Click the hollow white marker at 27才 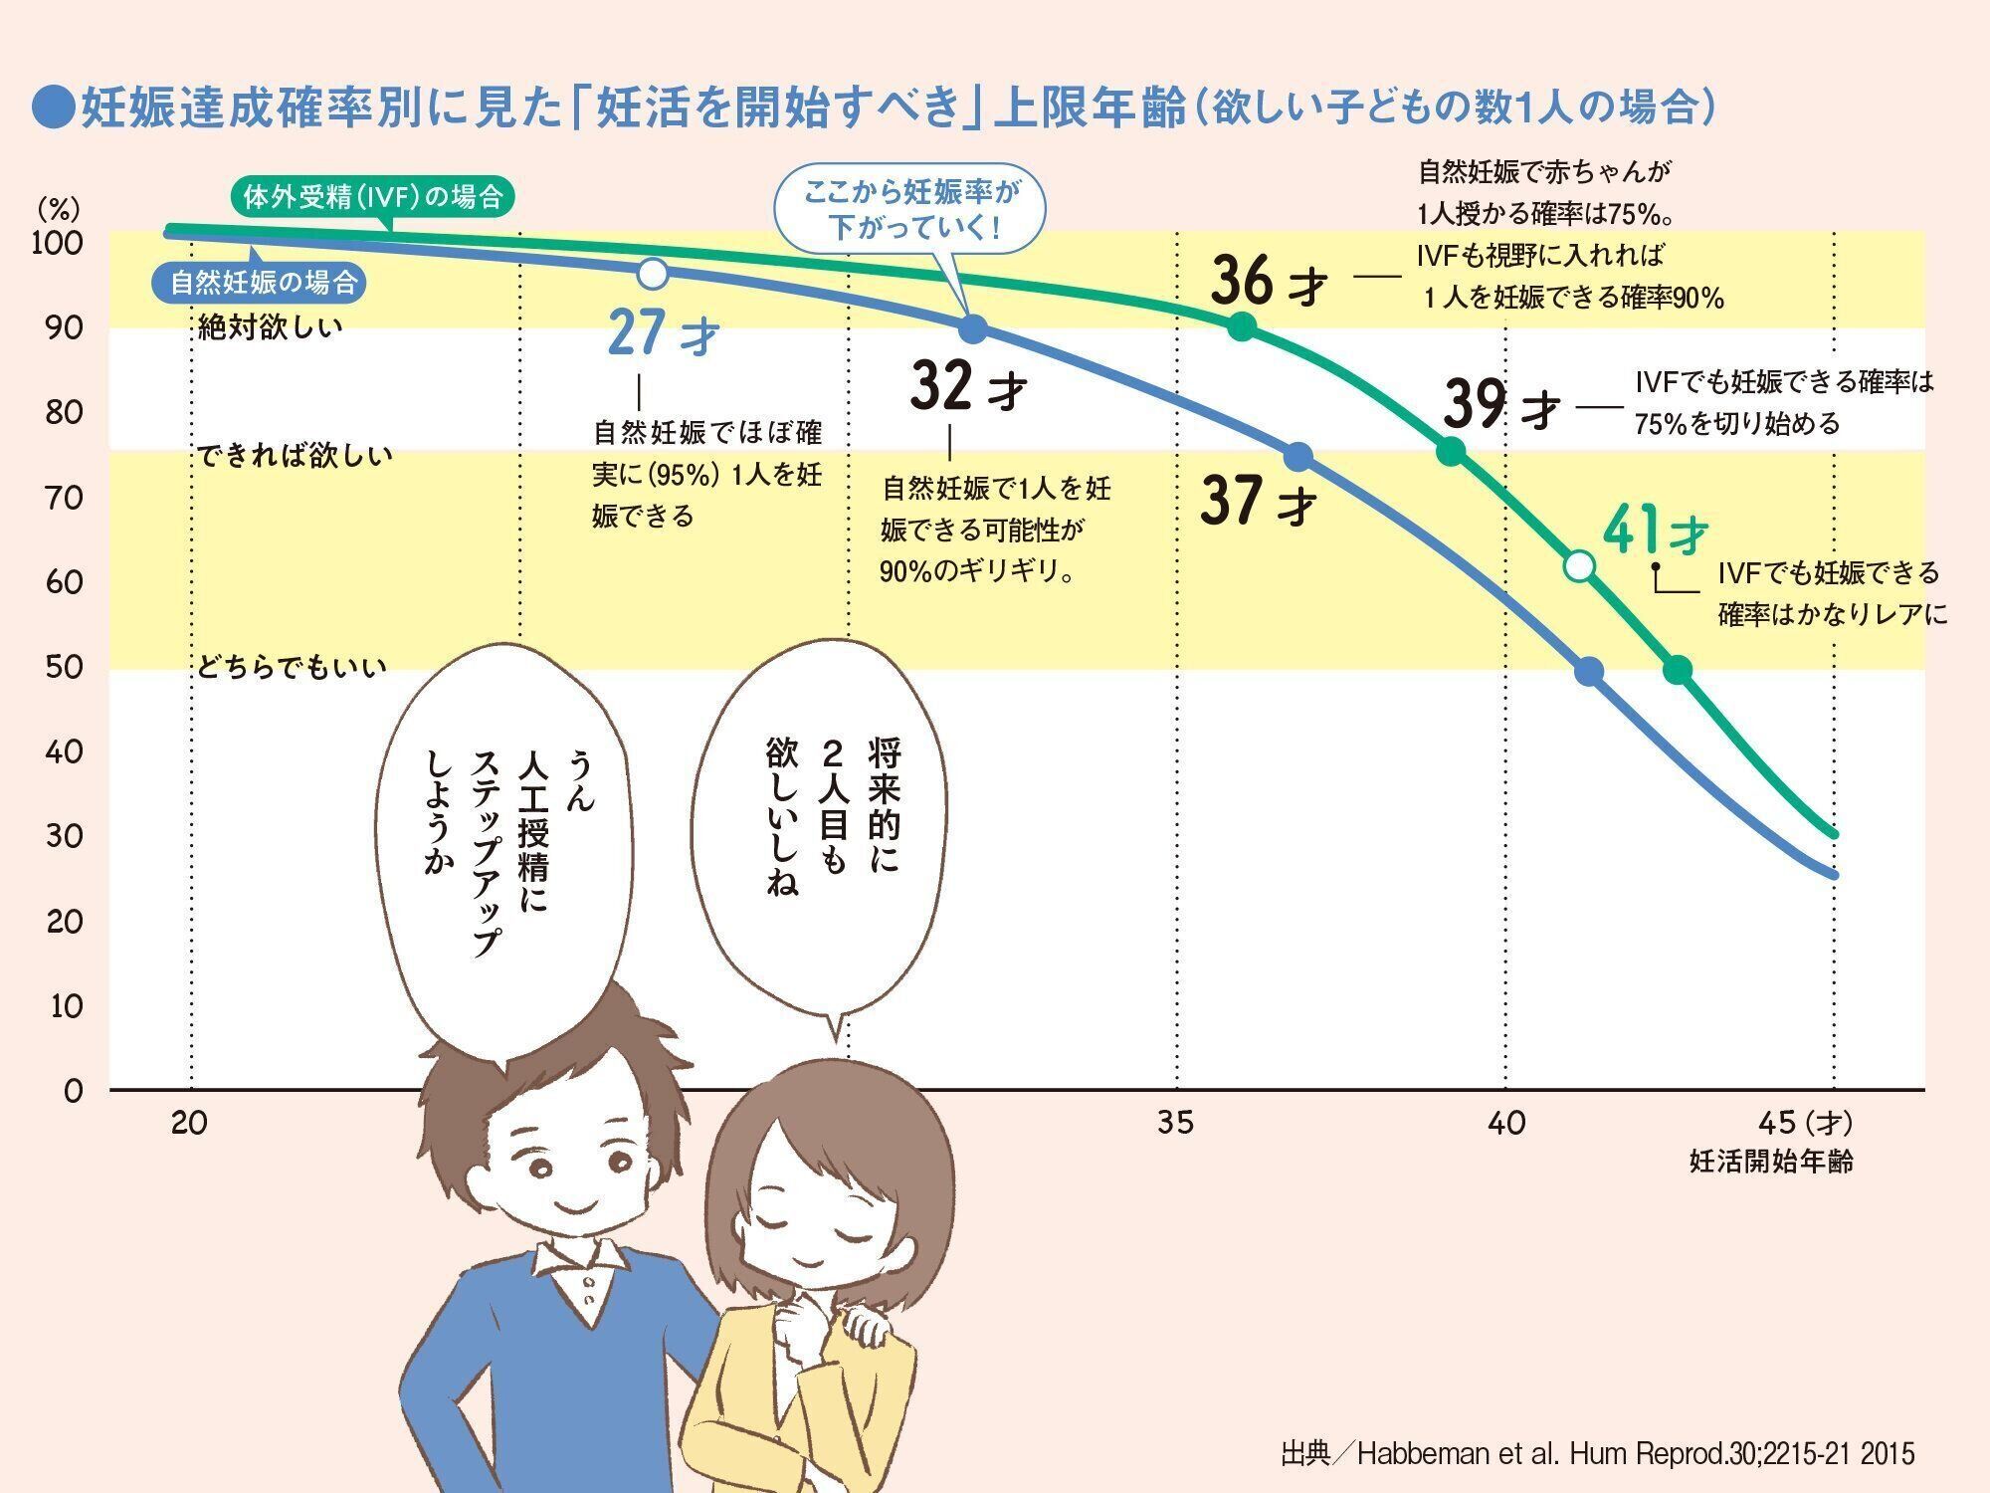click(x=652, y=272)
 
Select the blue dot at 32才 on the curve click(x=973, y=328)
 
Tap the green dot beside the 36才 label click(x=1241, y=326)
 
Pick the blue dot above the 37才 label click(x=1297, y=457)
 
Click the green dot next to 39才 click(x=1451, y=452)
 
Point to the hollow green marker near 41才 click(x=1579, y=566)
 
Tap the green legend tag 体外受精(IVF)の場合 click(x=372, y=197)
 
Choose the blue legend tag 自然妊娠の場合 click(x=262, y=283)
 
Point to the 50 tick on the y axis click(x=65, y=667)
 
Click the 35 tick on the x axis click(x=1176, y=1123)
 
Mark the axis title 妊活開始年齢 click(x=1771, y=1161)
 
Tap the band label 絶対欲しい click(x=271, y=326)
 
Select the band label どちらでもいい click(x=291, y=667)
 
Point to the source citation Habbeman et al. click(x=1597, y=1453)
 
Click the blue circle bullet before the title click(x=54, y=107)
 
